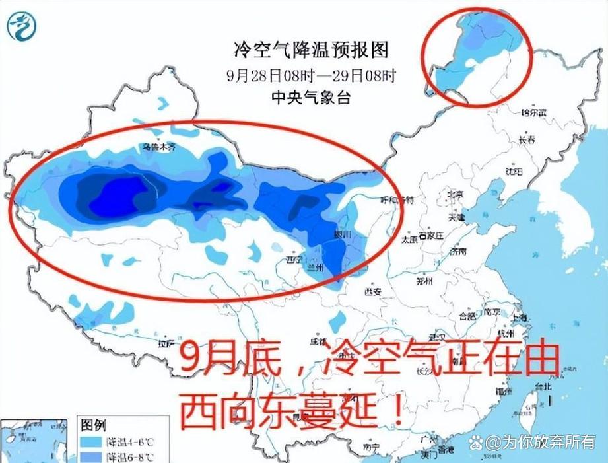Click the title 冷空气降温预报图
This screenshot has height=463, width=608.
(311, 49)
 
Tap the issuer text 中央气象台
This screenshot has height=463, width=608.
(311, 98)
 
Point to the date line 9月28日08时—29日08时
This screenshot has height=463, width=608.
(311, 74)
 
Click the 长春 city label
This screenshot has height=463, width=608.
(527, 140)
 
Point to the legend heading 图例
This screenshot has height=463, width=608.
(93, 423)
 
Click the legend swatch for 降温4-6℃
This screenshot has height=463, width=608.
(90, 440)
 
